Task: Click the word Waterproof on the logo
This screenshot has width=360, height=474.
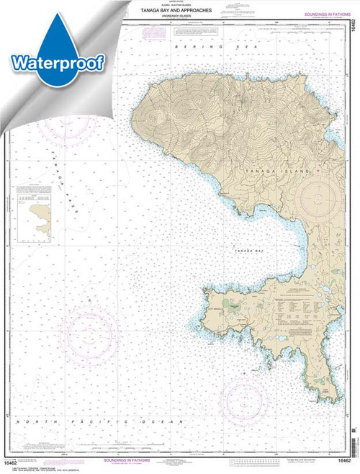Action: tap(57, 62)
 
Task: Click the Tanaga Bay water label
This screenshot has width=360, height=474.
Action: tap(242, 249)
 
